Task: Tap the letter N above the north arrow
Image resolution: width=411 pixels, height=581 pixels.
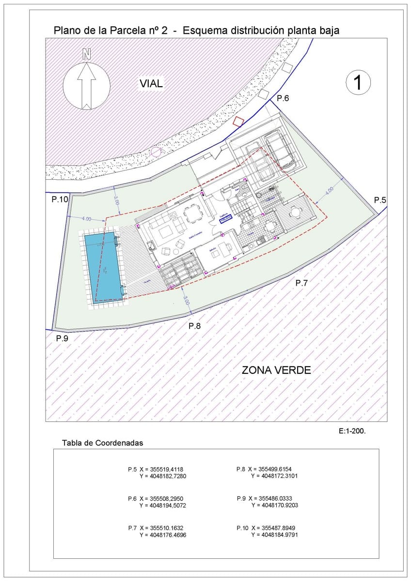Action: click(x=86, y=54)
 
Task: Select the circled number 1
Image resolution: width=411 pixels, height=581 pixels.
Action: click(x=359, y=83)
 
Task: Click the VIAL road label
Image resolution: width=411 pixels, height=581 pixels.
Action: click(x=151, y=84)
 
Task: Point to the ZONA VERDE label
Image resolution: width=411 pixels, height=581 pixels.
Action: click(x=276, y=370)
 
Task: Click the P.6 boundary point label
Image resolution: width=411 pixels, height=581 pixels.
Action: click(x=283, y=99)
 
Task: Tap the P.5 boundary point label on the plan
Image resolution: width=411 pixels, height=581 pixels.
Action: click(x=379, y=200)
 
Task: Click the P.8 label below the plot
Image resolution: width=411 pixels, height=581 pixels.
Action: click(x=194, y=326)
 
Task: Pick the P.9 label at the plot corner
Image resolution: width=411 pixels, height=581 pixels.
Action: click(x=62, y=338)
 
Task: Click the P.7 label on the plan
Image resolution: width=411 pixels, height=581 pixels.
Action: click(x=301, y=283)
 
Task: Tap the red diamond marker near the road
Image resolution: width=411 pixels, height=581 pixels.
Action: click(x=237, y=122)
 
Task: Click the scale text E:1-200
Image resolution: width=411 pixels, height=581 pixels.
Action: click(x=352, y=430)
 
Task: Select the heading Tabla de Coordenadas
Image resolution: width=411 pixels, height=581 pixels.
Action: click(x=103, y=443)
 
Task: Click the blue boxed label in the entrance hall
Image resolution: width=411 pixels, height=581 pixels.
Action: click(x=226, y=219)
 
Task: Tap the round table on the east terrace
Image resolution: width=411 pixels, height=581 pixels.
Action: click(x=295, y=213)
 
